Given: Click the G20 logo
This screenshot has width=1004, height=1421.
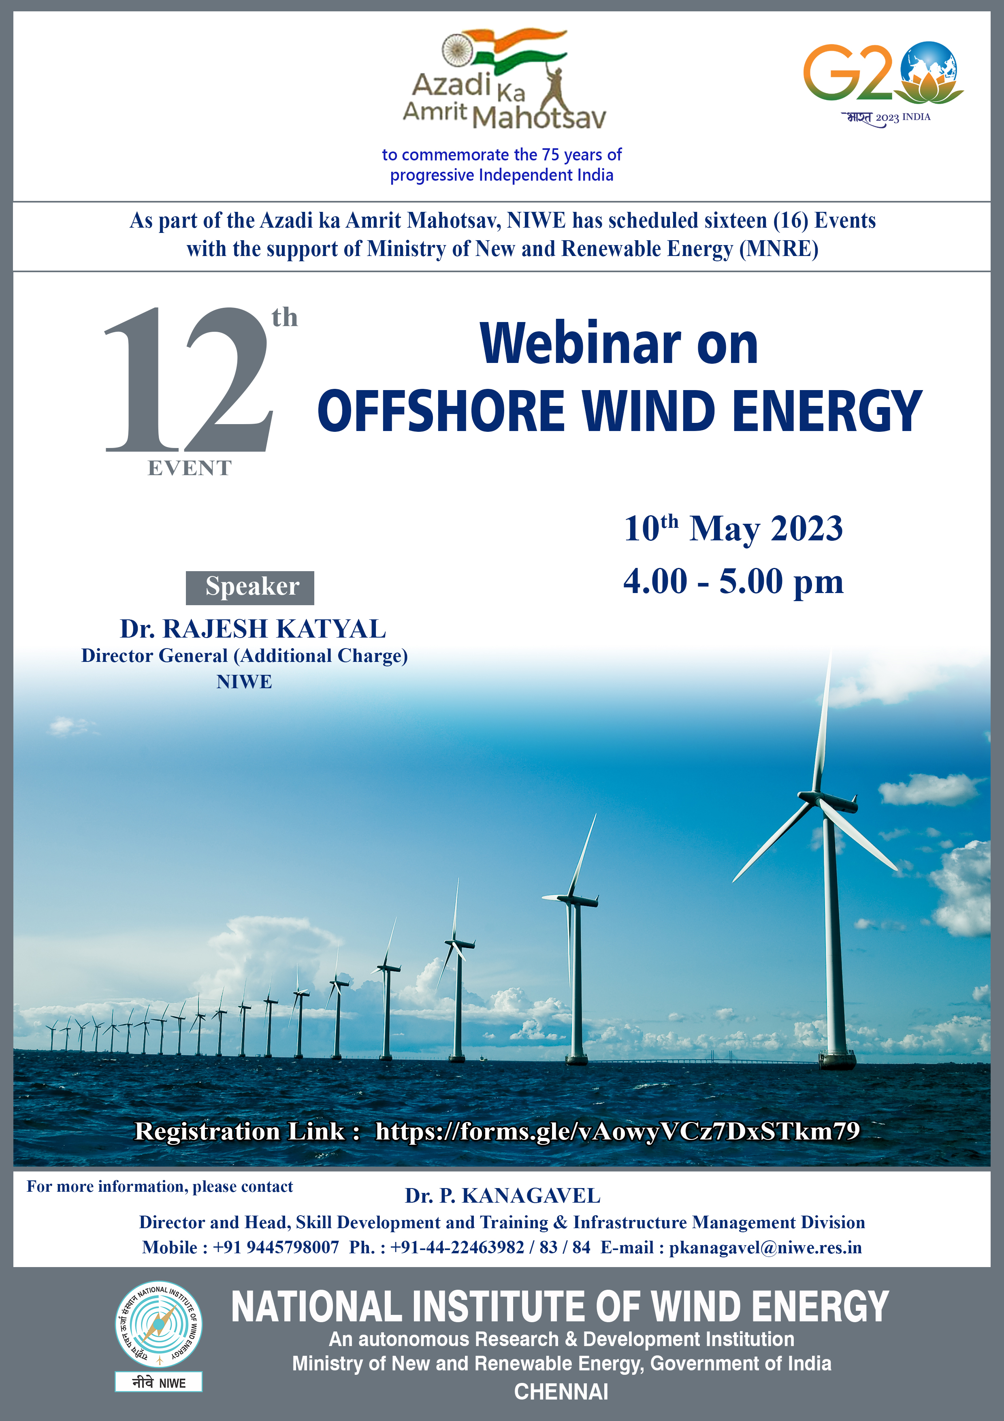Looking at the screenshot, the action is tap(883, 83).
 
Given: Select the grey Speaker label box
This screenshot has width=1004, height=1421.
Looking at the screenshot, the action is tap(250, 587).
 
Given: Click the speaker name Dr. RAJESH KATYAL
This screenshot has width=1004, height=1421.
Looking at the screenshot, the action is tap(253, 628).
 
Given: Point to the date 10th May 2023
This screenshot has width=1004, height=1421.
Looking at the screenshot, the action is tap(733, 529).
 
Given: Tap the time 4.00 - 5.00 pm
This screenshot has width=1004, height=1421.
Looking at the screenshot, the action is tap(733, 581).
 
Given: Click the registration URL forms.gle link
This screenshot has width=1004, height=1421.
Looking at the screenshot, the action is tap(617, 1131).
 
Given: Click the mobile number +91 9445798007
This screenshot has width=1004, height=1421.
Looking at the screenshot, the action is tap(276, 1247).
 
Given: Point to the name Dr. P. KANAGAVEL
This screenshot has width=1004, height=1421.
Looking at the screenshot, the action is tap(502, 1196).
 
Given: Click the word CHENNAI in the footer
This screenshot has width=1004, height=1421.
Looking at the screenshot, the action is tap(561, 1391).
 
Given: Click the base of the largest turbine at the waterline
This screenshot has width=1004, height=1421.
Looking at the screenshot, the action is tap(838, 1060).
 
